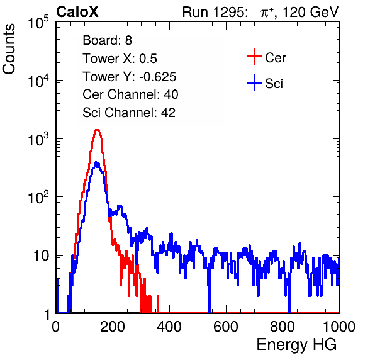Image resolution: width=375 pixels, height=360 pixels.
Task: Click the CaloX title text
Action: click(77, 12)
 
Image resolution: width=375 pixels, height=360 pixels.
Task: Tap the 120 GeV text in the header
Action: click(311, 12)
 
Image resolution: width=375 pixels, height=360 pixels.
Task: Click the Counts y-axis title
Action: click(9, 49)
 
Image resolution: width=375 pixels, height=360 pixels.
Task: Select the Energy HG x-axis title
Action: click(296, 345)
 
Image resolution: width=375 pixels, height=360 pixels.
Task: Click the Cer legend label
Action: click(276, 58)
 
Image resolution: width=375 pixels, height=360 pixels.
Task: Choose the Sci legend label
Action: click(274, 84)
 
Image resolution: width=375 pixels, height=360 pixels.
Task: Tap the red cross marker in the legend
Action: click(254, 57)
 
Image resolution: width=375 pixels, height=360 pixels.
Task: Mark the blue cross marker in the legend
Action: click(254, 82)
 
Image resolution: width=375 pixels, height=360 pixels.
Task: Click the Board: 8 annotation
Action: click(108, 40)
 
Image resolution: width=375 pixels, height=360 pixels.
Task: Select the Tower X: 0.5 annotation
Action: click(120, 59)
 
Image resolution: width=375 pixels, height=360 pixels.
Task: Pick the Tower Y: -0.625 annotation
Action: click(130, 77)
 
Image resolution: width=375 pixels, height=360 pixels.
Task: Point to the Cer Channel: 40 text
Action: click(130, 94)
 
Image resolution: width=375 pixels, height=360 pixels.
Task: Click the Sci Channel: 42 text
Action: click(129, 113)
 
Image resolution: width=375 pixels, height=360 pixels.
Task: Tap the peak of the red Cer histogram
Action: click(97, 130)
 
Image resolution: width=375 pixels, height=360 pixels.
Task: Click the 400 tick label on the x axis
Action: click(169, 327)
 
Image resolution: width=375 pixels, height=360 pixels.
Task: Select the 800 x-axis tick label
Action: click(283, 327)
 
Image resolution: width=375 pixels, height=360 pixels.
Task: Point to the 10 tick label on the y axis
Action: click(41, 256)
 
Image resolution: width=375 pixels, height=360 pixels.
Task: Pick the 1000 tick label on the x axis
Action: click(339, 327)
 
